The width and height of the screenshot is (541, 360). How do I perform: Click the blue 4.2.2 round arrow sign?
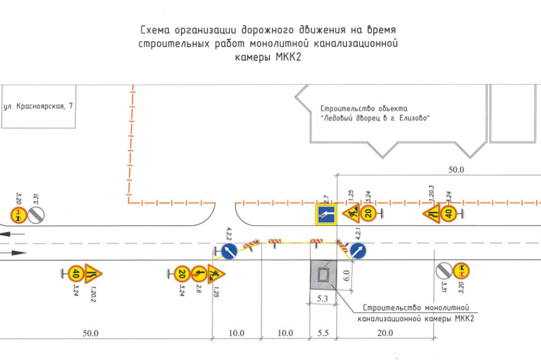(231, 252)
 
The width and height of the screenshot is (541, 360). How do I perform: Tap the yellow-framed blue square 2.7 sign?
(325, 214)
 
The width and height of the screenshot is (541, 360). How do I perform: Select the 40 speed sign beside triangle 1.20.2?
(75, 273)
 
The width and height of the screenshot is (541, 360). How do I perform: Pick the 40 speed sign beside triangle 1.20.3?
(449, 213)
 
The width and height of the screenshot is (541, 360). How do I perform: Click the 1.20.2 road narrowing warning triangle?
(93, 273)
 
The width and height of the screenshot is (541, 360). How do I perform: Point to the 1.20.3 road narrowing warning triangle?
(430, 213)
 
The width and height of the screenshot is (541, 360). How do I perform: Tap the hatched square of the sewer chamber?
(322, 274)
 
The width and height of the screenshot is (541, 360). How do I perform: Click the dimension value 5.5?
(323, 333)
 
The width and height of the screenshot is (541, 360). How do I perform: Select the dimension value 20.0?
(385, 333)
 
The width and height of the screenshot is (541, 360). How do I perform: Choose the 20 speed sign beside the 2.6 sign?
(182, 273)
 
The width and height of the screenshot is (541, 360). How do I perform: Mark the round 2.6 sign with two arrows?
(198, 273)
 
